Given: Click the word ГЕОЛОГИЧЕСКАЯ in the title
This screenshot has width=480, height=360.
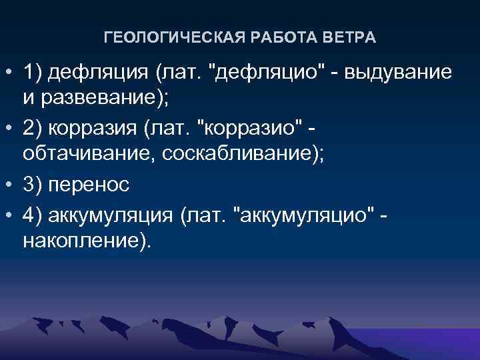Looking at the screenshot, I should point(162,38).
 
